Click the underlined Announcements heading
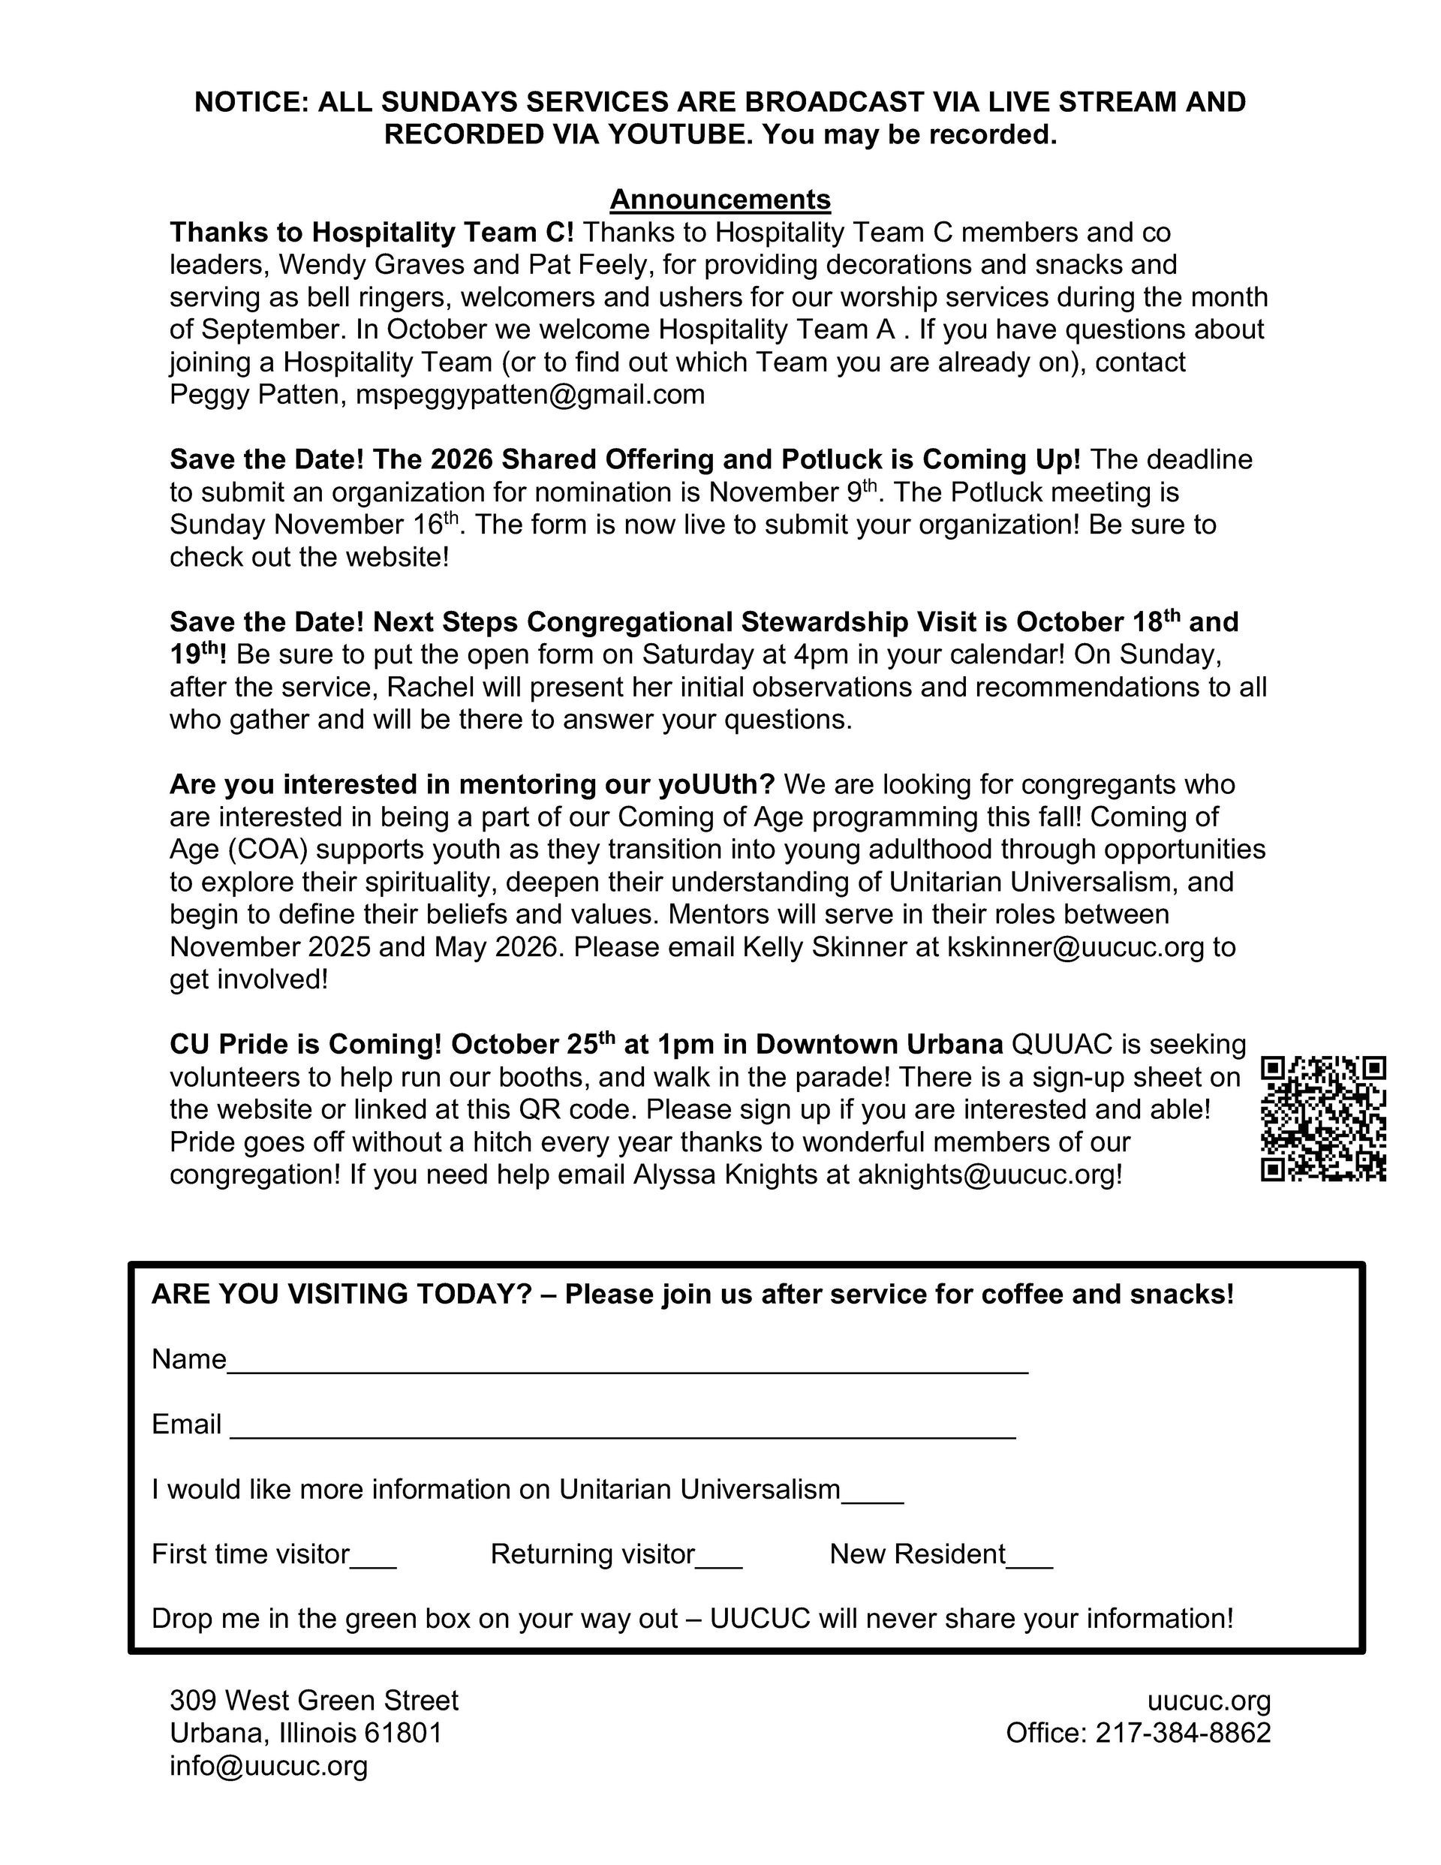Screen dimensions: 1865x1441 (719, 200)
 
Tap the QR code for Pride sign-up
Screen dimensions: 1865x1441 (1322, 1119)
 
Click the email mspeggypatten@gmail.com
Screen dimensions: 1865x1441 (530, 395)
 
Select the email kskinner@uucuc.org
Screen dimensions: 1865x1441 (1075, 946)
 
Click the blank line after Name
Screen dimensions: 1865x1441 (628, 1364)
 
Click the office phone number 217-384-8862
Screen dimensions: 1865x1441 (1183, 1733)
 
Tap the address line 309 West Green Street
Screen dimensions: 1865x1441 (314, 1700)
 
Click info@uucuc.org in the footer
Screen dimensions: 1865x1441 (268, 1765)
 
